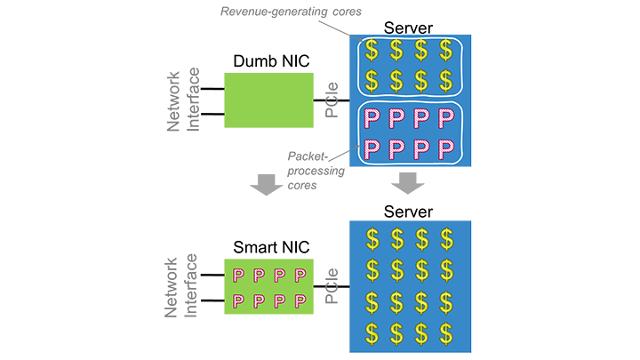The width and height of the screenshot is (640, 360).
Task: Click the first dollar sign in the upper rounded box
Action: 372,50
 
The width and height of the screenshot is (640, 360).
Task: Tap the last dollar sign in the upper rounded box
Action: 445,80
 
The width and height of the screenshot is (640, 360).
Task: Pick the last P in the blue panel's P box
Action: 445,148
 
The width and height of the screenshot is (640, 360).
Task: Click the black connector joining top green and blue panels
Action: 331,101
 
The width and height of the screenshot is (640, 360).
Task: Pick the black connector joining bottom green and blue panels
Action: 331,286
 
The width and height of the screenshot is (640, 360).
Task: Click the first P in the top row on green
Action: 238,275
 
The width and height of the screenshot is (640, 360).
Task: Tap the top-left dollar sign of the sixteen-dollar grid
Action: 373,238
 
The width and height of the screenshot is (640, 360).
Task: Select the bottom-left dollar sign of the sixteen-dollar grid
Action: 373,331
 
